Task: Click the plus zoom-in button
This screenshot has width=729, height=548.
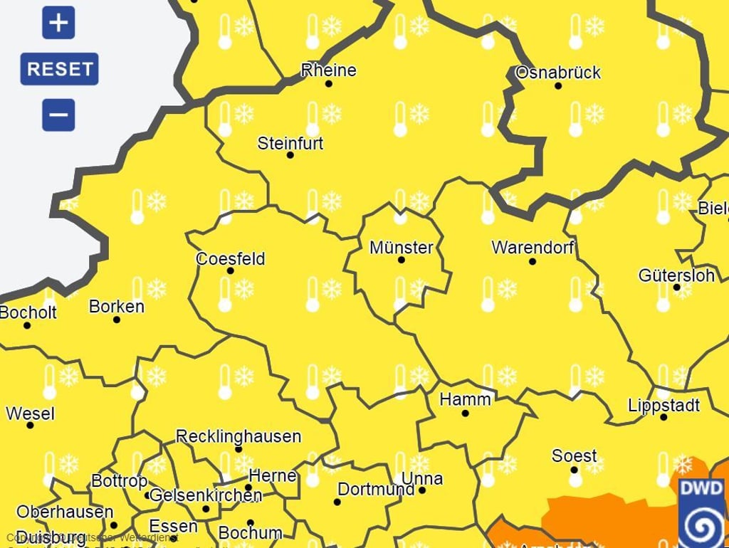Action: coord(58,23)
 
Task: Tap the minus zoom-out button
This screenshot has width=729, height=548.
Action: coord(58,115)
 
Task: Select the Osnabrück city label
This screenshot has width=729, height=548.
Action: coord(557,73)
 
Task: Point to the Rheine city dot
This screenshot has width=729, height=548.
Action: coord(328,84)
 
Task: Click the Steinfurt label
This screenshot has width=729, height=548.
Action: coord(290,143)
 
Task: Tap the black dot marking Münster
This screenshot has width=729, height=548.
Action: coord(401,260)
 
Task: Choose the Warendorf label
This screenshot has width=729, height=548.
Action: coord(533,248)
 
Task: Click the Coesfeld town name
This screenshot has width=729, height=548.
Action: coord(230,258)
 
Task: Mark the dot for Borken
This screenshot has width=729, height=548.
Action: coord(117,320)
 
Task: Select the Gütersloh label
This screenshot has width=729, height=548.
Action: coord(676,275)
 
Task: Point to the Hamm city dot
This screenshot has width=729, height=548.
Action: coord(465,413)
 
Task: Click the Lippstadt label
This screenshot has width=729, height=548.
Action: coord(664,406)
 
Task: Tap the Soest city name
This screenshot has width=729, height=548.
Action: coord(575,455)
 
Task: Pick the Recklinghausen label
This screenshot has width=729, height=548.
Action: coord(238,436)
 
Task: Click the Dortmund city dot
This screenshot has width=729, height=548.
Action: coord(337,502)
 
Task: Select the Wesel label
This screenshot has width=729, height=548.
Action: coord(30,413)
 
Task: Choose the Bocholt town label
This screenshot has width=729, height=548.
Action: coord(28,312)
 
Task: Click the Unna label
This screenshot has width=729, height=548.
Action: coord(422,478)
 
